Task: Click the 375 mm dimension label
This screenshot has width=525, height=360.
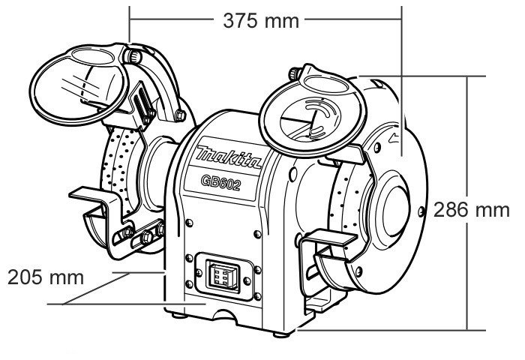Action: tap(261, 20)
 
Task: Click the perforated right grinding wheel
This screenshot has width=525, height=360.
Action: tap(346, 202)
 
